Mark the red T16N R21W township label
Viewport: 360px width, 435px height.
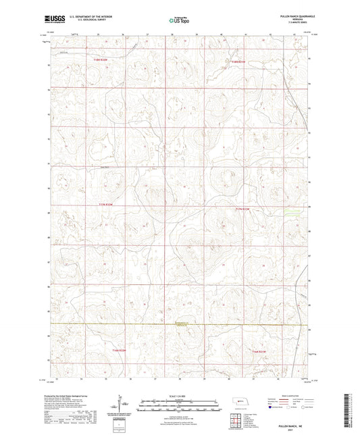[x=260, y=351]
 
